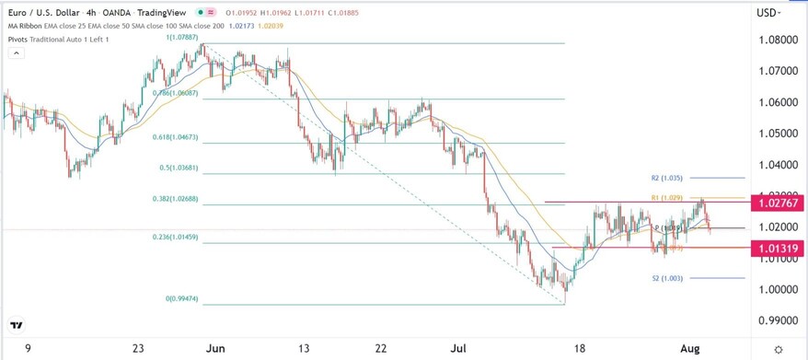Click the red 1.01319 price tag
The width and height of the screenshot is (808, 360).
click(x=777, y=248)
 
